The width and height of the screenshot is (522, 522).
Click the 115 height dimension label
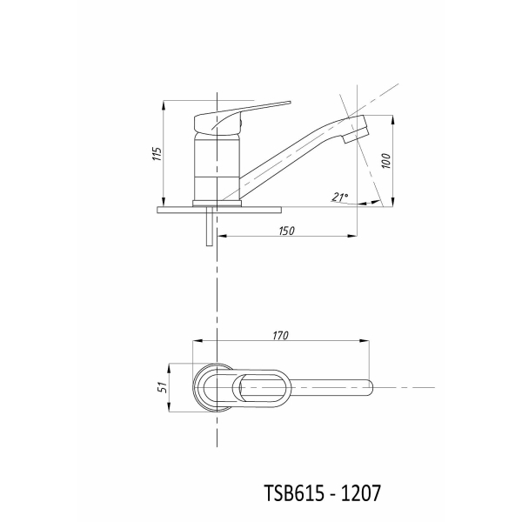(157, 154)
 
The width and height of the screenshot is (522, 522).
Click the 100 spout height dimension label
(386, 161)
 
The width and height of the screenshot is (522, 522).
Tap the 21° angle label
(339, 197)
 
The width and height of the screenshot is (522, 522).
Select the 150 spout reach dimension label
(286, 231)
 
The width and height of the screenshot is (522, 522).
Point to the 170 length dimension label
(281, 336)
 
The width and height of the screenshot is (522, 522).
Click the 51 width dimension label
(162, 387)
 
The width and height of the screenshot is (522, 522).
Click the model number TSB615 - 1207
(322, 493)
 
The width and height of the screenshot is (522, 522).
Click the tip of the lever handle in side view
(289, 103)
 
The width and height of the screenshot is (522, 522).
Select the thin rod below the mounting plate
(210, 226)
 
